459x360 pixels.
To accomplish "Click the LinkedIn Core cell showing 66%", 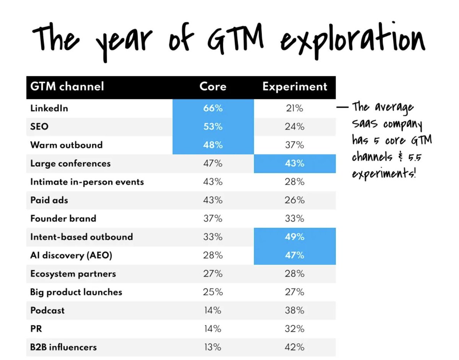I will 213,108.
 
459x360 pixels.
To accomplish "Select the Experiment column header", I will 295,86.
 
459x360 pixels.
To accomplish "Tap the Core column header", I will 213,86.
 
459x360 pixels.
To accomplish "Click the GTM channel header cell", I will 67,86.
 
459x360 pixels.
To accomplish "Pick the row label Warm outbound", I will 67,145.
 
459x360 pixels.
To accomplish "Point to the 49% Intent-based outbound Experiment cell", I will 295,237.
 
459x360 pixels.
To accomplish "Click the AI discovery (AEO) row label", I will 71,255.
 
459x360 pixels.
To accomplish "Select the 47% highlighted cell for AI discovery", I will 295,255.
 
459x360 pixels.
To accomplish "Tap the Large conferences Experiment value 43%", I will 295,164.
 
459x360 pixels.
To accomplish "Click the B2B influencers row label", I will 63,347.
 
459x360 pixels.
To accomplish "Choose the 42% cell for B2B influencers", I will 295,347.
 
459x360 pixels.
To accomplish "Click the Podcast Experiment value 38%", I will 295,311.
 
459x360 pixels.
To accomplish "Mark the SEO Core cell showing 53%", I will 213,126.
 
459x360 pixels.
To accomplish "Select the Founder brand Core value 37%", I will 213,219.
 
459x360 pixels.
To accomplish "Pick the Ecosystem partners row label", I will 73,274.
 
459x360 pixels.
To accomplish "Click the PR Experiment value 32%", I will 295,329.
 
